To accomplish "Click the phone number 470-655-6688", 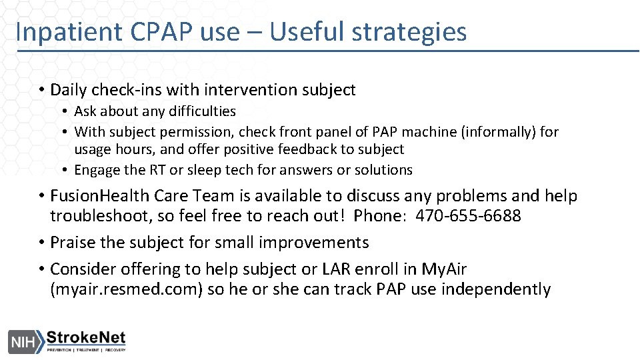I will point(468,216).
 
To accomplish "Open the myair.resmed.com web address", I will point(125,289).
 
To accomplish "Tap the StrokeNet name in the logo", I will point(86,337).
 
